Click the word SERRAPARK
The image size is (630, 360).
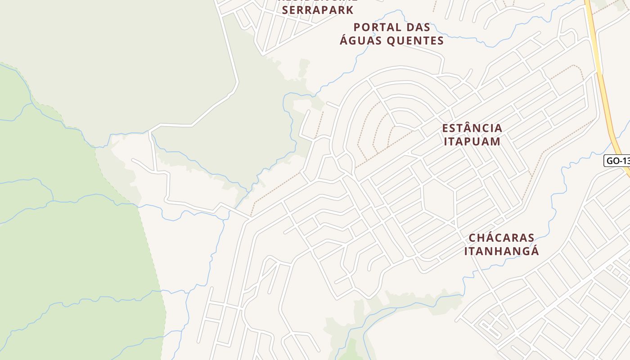[318, 9]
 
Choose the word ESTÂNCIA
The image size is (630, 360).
[472, 128]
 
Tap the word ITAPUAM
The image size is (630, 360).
[472, 141]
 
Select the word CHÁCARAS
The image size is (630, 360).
[501, 238]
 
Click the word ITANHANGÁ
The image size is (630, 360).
[501, 251]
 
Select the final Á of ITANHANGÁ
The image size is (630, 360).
[534, 251]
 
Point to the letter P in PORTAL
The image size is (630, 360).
[357, 27]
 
